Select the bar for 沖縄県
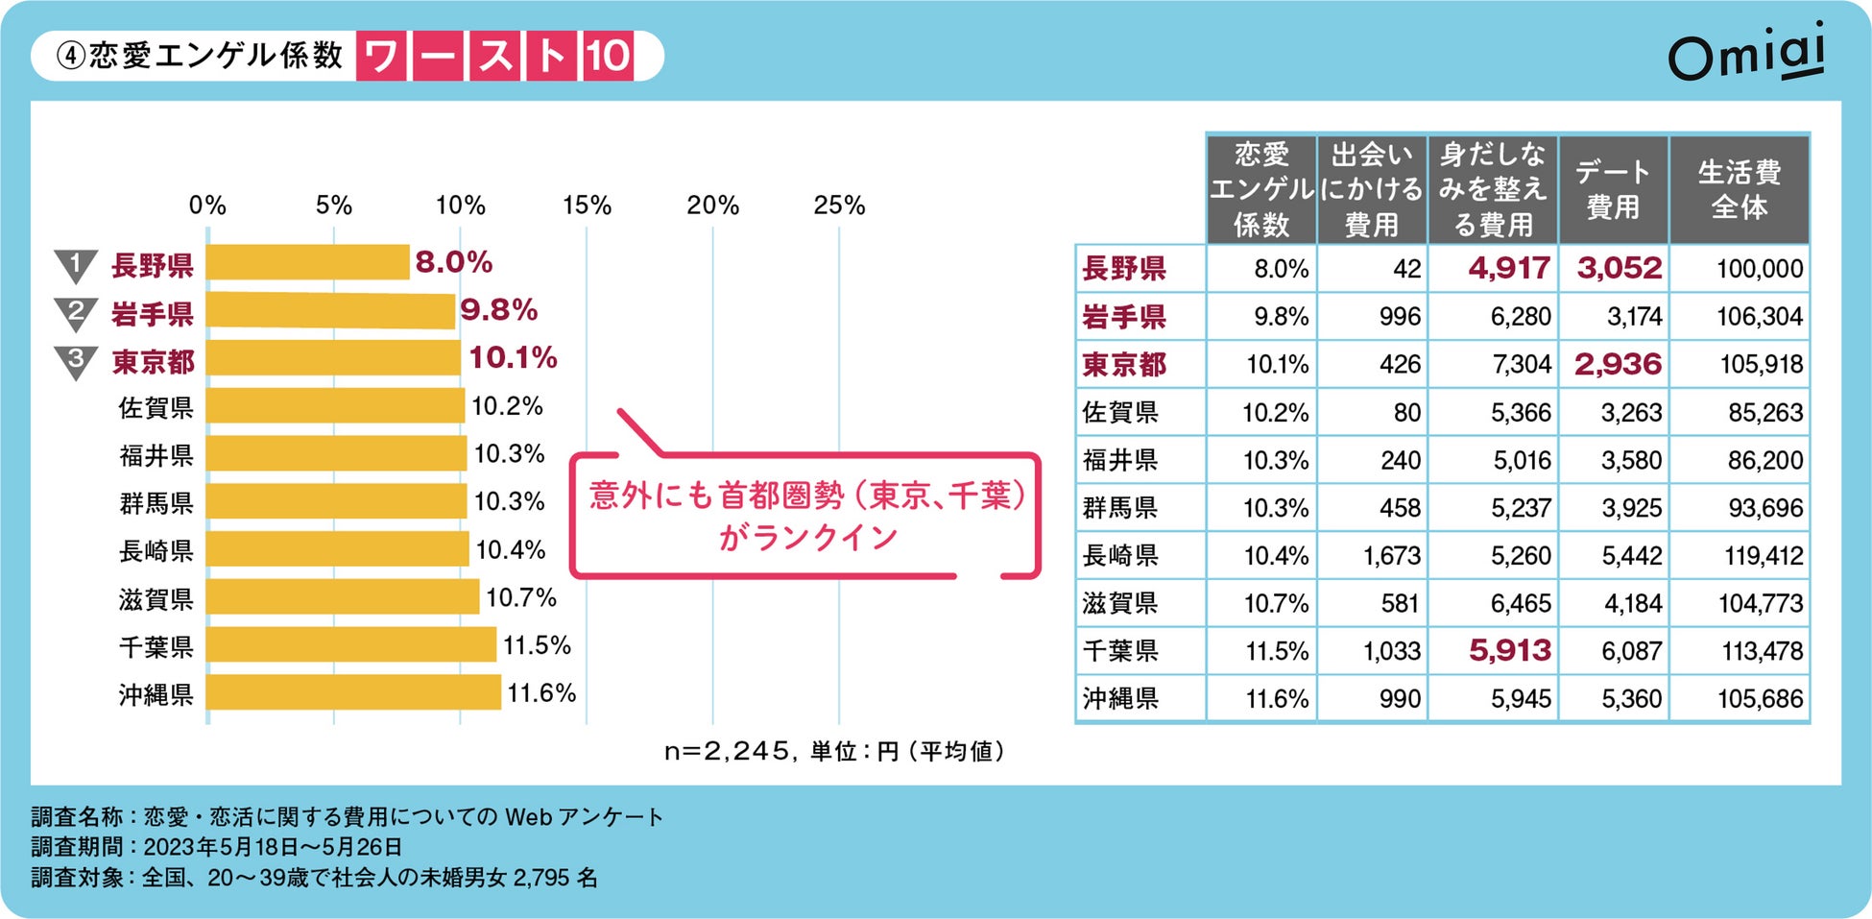tap(353, 692)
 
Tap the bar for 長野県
tap(308, 262)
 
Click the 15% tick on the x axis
tap(587, 206)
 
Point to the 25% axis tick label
tap(839, 206)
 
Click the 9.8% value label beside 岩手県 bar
tap(498, 310)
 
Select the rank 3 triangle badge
tap(76, 361)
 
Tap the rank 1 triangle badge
tap(76, 265)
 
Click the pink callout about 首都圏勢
tap(806, 516)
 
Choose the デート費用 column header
tap(1613, 189)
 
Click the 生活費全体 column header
tap(1739, 189)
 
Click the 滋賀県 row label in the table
tap(1120, 604)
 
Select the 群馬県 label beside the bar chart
tap(156, 503)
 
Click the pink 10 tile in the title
tap(608, 56)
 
